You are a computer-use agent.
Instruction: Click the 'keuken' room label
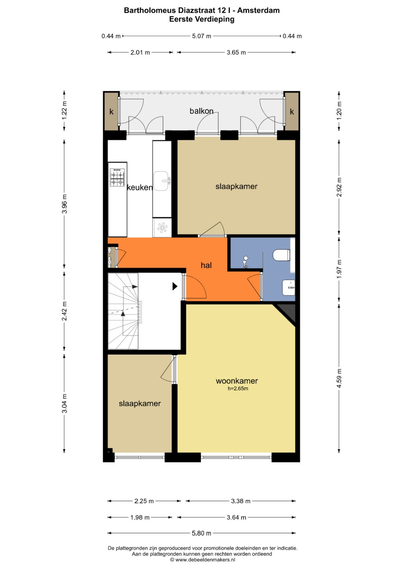[x=140, y=187]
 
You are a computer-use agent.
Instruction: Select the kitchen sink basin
[x=161, y=181]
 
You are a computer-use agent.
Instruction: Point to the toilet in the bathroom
[x=281, y=255]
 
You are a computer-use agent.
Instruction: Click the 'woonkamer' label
[x=237, y=381]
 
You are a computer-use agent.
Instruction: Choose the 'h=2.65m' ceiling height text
[x=238, y=388]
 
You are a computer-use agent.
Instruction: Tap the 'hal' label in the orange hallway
[x=206, y=265]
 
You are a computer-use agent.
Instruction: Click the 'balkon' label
[x=201, y=111]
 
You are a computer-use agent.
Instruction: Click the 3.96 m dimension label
[x=65, y=204]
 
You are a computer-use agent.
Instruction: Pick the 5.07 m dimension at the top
[x=201, y=36]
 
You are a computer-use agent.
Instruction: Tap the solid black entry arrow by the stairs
[x=175, y=286]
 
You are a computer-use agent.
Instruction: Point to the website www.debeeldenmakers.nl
[x=205, y=560]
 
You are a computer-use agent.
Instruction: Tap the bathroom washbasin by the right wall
[x=289, y=288]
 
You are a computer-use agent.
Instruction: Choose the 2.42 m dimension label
[x=65, y=311]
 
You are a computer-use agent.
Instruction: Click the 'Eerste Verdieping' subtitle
[x=202, y=19]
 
